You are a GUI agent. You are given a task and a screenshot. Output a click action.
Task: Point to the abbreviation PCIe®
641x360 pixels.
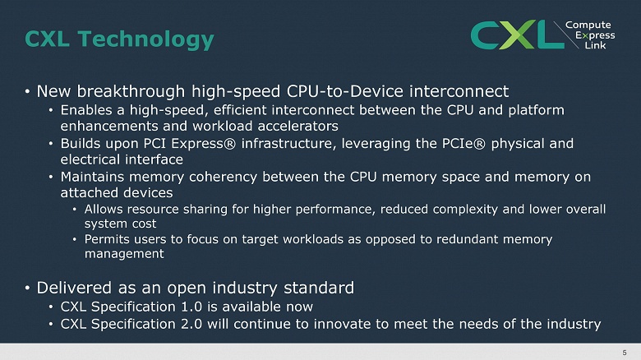479,144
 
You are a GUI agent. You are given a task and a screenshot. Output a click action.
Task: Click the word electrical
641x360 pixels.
94,160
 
